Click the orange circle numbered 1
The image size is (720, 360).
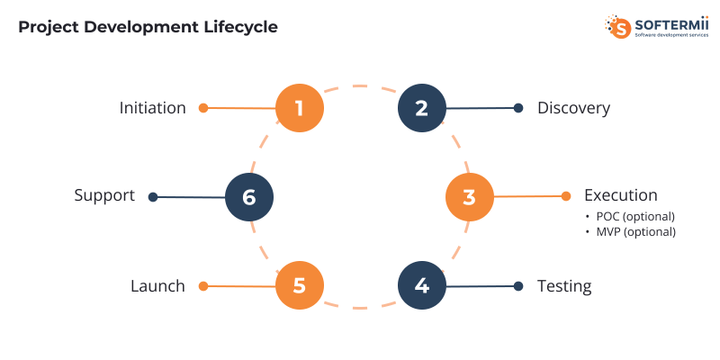299,108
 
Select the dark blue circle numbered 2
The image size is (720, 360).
421,108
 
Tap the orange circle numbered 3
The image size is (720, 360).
469,197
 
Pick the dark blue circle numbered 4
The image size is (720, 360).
421,286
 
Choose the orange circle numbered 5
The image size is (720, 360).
299,286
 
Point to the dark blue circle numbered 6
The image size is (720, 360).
249,197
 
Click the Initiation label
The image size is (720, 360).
153,108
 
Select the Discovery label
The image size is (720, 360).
573,108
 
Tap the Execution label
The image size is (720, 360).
620,195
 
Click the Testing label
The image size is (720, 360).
564,286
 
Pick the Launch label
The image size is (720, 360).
157,286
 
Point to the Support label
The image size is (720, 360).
104,195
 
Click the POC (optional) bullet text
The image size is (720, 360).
634,216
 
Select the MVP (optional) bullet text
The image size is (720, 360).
635,231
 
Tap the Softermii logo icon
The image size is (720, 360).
618,26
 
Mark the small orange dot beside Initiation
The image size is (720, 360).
203,108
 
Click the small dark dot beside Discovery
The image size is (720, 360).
518,108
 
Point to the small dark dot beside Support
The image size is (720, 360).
153,196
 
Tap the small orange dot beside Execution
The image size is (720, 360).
566,196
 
